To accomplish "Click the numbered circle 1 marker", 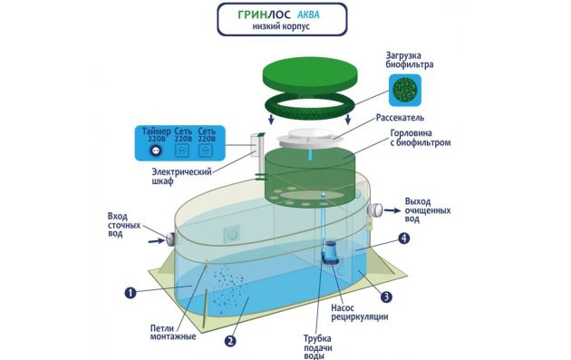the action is pyautogui.click(x=131, y=292).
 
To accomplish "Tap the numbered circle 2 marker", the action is pyautogui.click(x=230, y=341).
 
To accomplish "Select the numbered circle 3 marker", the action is pyautogui.click(x=386, y=297).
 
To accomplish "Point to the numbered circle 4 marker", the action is pyautogui.click(x=403, y=238).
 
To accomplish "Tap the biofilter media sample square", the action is pyautogui.click(x=405, y=91).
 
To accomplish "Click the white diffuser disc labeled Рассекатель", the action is pyautogui.click(x=308, y=139).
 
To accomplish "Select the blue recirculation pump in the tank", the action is pyautogui.click(x=331, y=252).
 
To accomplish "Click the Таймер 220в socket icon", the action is pyautogui.click(x=156, y=151).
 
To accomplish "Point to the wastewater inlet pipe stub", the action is pyautogui.click(x=170, y=238).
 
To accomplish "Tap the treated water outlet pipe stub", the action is pyautogui.click(x=374, y=209).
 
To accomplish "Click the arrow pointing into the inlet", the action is pyautogui.click(x=157, y=240).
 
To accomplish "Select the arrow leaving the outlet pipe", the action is pyautogui.click(x=392, y=209).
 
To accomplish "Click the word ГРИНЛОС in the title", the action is pyautogui.click(x=265, y=15).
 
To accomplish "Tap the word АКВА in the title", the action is pyautogui.click(x=308, y=15).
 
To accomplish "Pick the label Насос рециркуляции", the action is pyautogui.click(x=359, y=312).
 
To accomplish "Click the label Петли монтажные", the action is pyautogui.click(x=173, y=332).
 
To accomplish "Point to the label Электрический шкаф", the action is pyautogui.click(x=181, y=176).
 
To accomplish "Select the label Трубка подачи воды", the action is pyautogui.click(x=317, y=347).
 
